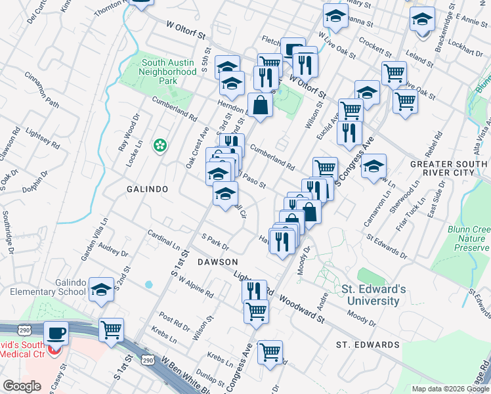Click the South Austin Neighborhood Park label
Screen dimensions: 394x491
tap(169, 72)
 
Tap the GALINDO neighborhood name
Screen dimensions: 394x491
tap(148, 189)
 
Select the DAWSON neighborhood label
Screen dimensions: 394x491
tap(217, 261)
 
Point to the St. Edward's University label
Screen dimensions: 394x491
tap(370, 295)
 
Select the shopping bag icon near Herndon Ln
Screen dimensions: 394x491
tap(260, 105)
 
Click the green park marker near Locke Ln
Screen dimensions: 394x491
tap(159, 145)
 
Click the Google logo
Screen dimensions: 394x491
tap(22, 386)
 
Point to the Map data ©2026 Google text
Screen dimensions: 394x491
tap(450, 389)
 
